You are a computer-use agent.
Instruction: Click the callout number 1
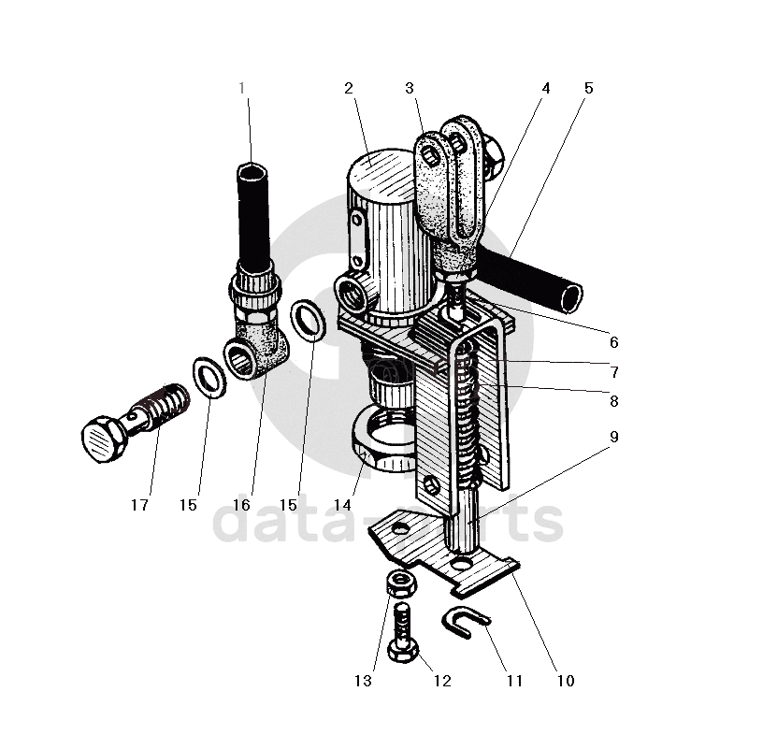tap(241, 89)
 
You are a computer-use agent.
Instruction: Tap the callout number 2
tap(348, 89)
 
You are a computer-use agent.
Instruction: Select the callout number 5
tap(588, 89)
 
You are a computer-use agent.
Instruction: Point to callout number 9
tap(613, 437)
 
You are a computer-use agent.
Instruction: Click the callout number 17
tap(139, 505)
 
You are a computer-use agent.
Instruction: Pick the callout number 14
tap(343, 505)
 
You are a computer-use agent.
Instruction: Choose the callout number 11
tap(514, 681)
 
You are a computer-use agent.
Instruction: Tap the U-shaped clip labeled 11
tap(465, 619)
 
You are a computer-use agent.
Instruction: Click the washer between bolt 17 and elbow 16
tap(211, 376)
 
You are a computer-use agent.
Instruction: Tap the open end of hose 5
tap(567, 297)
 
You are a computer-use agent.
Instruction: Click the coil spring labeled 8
tap(472, 411)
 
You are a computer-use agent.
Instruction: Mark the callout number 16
tap(241, 505)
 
